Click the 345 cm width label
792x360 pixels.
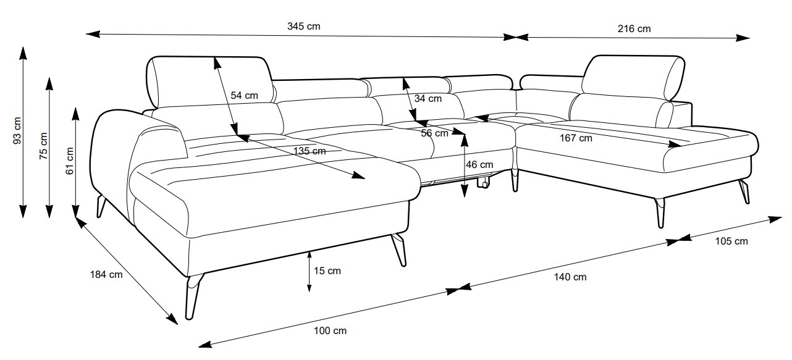303,27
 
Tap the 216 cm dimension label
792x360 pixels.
634,28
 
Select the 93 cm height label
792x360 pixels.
17,131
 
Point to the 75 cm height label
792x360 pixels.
43,146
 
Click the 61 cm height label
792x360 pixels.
70,161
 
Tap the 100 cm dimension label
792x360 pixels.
331,330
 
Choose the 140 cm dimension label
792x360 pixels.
570,277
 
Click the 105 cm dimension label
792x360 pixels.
731,241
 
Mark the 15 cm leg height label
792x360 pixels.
327,270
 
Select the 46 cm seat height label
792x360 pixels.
479,165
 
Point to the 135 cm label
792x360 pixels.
310,151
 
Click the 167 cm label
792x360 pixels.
576,138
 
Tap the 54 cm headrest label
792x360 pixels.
244,96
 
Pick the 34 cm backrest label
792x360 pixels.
428,98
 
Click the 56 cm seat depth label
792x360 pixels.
434,133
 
